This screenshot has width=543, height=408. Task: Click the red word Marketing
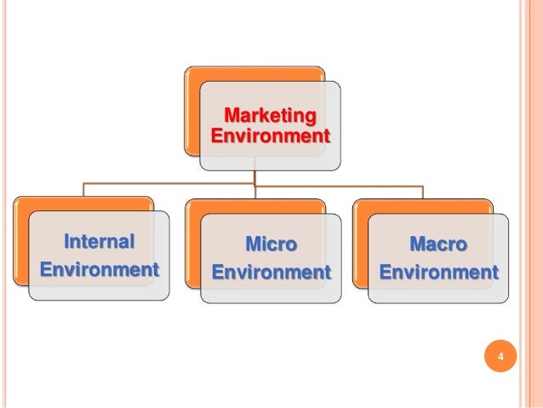pos(270,115)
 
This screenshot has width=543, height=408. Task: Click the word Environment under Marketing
pos(270,135)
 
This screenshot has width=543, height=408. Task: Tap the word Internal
pos(100,242)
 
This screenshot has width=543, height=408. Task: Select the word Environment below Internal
pos(100,270)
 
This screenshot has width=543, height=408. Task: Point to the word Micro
pos(271,244)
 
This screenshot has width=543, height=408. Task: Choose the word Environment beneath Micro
pos(271,273)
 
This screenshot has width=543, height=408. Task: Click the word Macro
pos(438,244)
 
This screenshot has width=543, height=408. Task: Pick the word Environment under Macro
pos(438,273)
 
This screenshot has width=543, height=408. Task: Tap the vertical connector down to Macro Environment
pos(423,191)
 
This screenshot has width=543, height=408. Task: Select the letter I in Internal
pos(68,242)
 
